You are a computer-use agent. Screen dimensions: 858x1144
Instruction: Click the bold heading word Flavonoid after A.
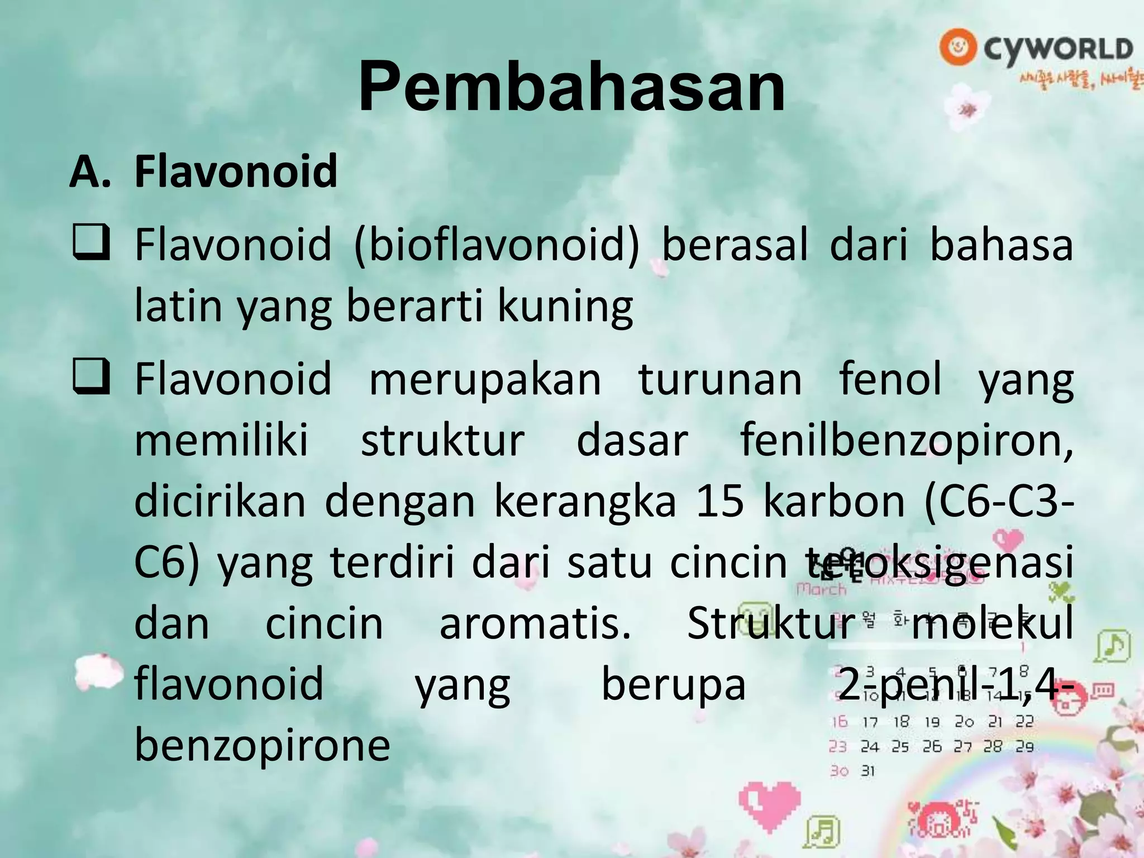click(x=236, y=171)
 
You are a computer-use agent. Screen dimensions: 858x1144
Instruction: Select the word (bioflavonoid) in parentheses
click(x=497, y=246)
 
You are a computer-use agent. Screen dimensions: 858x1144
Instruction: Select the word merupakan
click(x=485, y=379)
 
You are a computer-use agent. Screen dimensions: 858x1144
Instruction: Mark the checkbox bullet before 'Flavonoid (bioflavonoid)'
click(x=90, y=246)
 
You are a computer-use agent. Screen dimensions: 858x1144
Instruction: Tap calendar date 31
click(x=867, y=771)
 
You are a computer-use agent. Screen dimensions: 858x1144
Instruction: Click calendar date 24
click(x=869, y=747)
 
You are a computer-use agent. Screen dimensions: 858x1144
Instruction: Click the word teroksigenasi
click(x=938, y=563)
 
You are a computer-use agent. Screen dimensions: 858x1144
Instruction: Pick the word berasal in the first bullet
click(x=735, y=246)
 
